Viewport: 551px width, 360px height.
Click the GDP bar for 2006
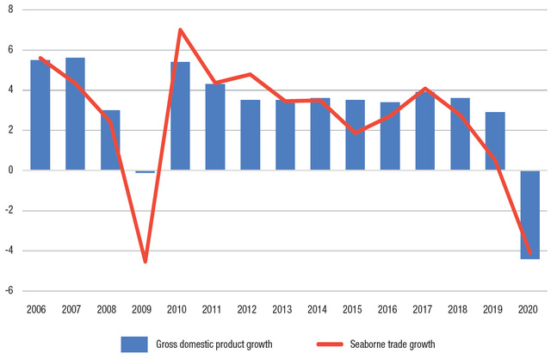40,115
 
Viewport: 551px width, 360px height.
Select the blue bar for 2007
75,114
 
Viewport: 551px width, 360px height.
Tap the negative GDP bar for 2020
529,214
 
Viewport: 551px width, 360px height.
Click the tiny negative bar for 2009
145,172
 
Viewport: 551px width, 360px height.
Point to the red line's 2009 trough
145,261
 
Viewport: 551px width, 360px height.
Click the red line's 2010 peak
180,30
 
